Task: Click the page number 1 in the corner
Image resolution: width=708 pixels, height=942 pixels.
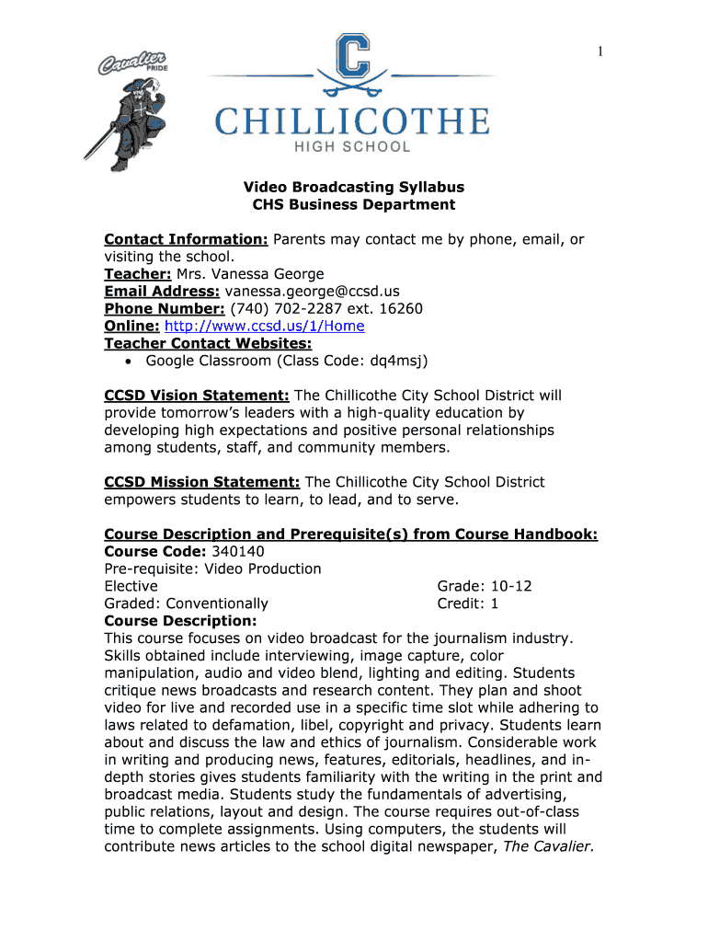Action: coord(600,52)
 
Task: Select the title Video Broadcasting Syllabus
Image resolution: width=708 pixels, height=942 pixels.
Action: coord(353,188)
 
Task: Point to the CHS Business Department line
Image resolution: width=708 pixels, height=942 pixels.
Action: coord(353,205)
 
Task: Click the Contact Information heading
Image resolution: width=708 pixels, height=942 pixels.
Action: coord(186,240)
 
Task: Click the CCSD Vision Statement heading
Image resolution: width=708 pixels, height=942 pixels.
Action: coord(197,396)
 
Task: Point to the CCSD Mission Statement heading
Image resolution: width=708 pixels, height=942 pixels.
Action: coord(202,482)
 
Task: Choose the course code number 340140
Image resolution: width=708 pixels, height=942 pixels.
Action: coord(237,552)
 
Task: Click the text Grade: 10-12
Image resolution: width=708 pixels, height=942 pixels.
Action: coord(485,587)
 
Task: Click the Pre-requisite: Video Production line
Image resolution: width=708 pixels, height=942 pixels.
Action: coord(212,569)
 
